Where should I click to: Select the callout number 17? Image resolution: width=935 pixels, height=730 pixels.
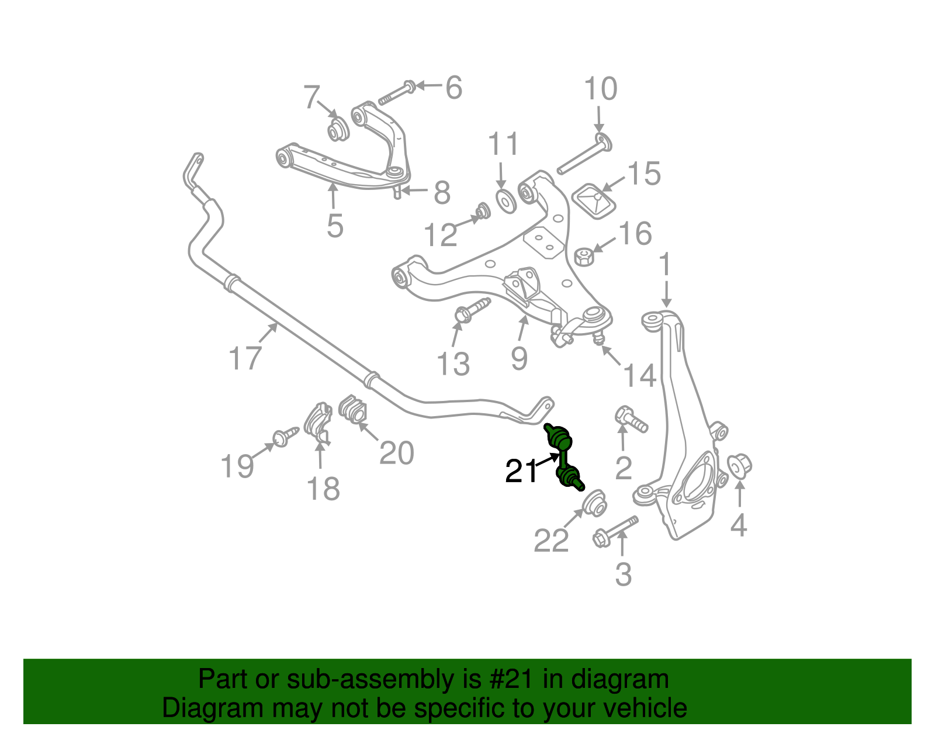click(245, 358)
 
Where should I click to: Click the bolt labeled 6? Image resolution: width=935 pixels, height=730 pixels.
click(396, 94)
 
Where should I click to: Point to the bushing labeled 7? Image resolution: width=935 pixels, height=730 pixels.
click(337, 130)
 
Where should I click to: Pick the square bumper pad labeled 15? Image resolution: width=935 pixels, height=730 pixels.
click(594, 202)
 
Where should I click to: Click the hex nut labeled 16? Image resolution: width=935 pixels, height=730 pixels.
click(584, 256)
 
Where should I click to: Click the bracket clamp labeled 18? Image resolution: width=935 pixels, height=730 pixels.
click(318, 421)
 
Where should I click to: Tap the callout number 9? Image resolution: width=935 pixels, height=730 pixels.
click(519, 358)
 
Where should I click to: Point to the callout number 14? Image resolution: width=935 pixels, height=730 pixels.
click(640, 375)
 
